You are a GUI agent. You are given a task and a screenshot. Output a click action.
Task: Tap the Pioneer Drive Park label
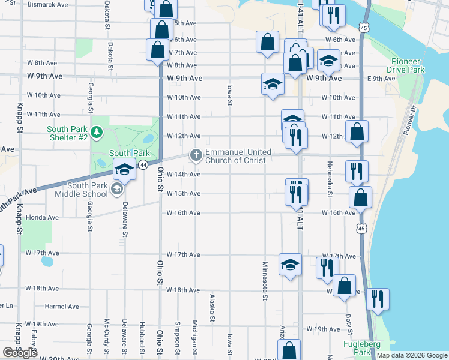tap(408, 66)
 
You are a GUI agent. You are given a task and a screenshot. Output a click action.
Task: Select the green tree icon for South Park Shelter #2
tap(96, 131)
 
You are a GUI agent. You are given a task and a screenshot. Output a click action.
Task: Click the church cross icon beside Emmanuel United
tap(196, 155)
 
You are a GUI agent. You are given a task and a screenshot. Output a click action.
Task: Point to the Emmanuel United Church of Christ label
tap(238, 156)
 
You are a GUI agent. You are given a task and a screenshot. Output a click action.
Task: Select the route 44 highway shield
tap(143, 164)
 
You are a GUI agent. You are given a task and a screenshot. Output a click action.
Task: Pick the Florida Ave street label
tap(42, 217)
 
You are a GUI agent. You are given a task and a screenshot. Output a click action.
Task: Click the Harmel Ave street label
tap(62, 307)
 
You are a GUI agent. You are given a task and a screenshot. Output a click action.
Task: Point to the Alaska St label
tap(212, 308)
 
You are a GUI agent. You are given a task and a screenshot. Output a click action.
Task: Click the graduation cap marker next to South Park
tap(124, 170)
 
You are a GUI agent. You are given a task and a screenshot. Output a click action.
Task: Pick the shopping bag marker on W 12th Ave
tap(357, 133)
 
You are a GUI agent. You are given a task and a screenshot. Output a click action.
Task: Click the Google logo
tap(20, 353)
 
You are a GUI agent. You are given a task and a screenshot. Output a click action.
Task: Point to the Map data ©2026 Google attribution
tap(411, 355)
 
